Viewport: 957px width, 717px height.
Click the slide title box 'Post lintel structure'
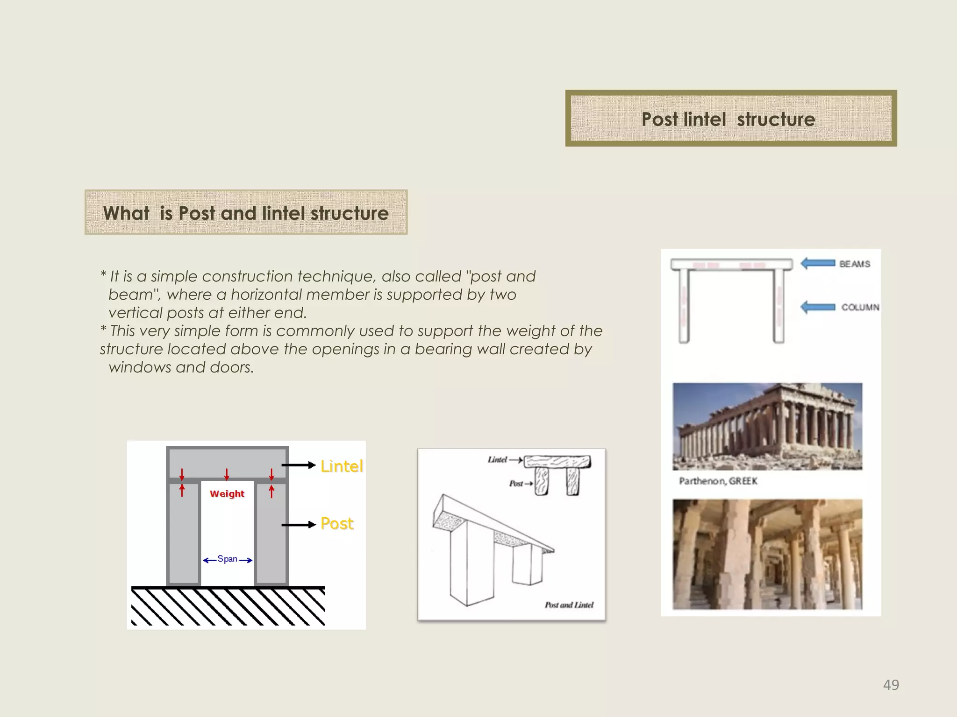pos(730,119)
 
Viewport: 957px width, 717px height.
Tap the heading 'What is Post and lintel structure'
pos(246,213)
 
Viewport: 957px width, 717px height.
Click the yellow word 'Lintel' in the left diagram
pos(342,466)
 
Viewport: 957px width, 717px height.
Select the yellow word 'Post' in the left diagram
pos(337,524)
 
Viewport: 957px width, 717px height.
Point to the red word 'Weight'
pos(227,494)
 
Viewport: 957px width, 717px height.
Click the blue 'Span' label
pos(228,559)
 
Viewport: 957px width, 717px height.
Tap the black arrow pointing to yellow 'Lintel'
pos(299,465)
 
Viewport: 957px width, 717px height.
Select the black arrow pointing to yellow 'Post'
pos(299,525)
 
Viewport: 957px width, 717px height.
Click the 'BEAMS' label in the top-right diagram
pos(855,264)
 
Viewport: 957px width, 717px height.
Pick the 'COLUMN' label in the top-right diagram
pos(860,307)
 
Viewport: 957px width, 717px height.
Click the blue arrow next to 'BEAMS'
pos(818,263)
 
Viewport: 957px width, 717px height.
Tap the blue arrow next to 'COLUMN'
pos(818,307)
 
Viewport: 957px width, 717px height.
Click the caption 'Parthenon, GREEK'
pos(718,481)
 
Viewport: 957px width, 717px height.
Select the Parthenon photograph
pos(767,426)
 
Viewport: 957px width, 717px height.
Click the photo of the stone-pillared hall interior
pos(767,554)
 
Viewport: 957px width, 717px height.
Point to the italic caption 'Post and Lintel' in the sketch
pos(569,605)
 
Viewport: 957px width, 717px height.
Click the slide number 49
pos(891,685)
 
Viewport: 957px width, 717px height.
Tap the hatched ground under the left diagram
pos(228,606)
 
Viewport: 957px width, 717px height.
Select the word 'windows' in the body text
pos(140,367)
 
